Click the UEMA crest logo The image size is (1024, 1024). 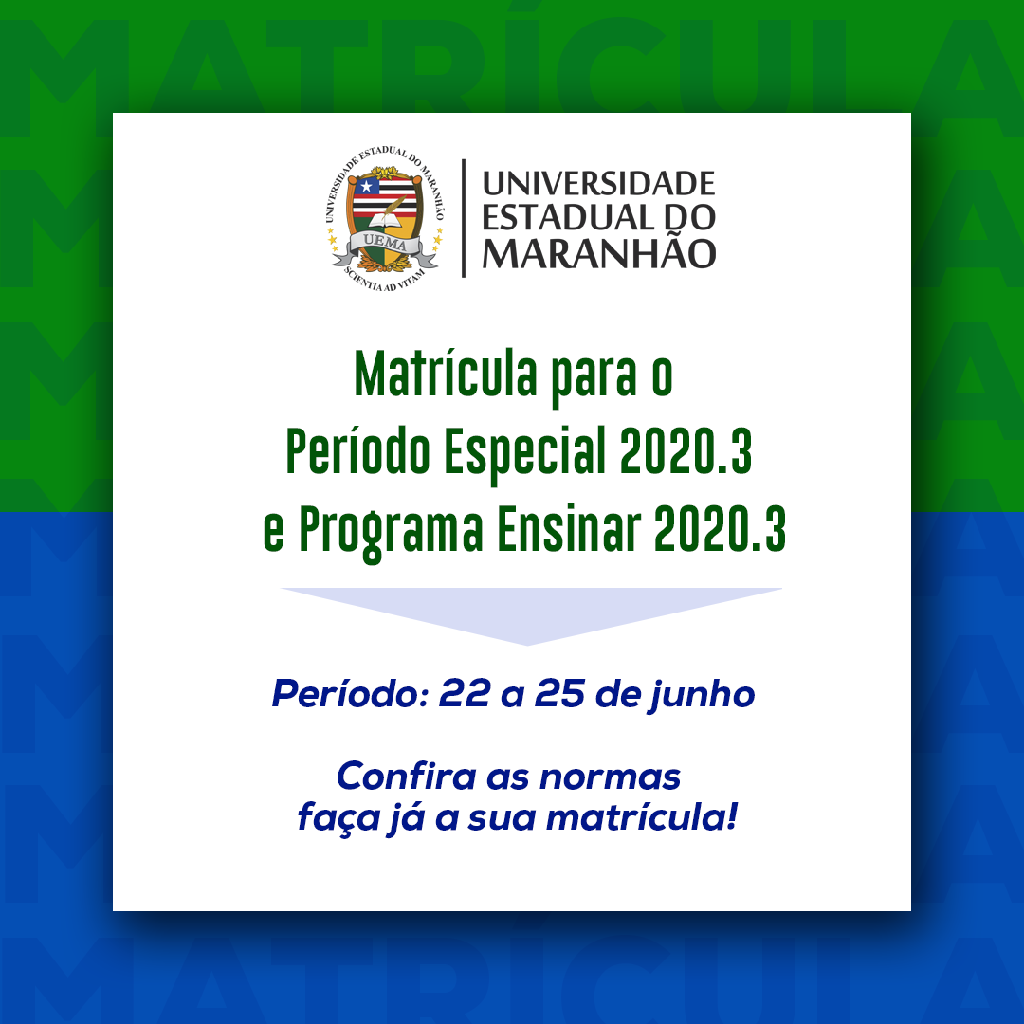coord(385,219)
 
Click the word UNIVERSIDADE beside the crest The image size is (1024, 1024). coord(598,184)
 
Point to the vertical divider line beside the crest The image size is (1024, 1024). coord(463,218)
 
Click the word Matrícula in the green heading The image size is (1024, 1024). coord(446,374)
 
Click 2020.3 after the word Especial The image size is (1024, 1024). coord(686,450)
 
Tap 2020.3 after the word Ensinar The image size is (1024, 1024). coord(721,528)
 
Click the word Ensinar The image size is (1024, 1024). coord(570,528)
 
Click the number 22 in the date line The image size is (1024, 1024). coord(465,693)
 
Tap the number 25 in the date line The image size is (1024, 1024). coord(560,693)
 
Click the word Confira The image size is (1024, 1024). coord(406,776)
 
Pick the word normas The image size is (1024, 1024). coord(610,777)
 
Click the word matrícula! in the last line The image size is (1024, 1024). coord(642,816)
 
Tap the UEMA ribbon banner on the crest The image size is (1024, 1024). coord(385,246)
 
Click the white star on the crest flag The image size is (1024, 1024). coord(366,187)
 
